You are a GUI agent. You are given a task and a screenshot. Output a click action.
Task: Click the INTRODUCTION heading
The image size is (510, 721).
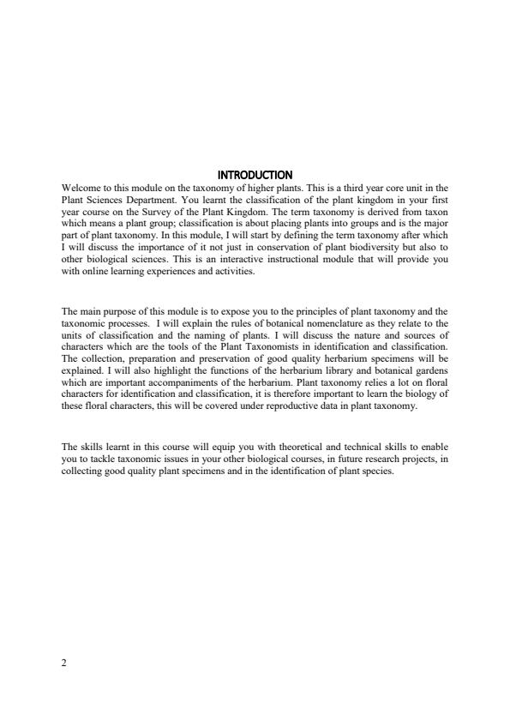(255, 176)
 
